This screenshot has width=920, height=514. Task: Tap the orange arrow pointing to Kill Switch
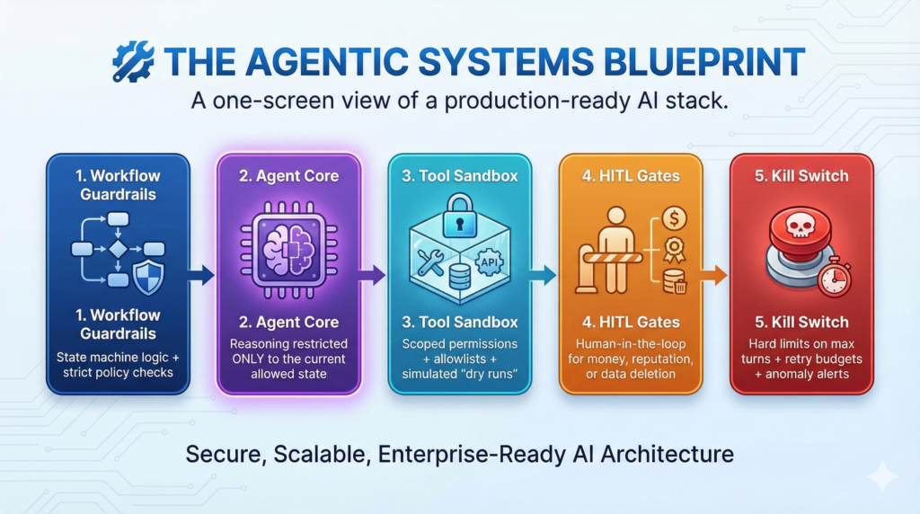coord(713,275)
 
